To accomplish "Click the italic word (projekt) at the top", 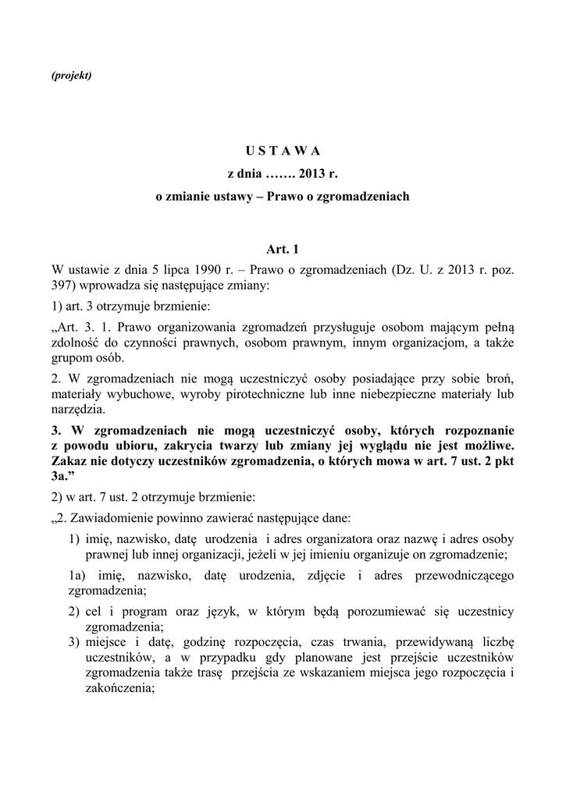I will click(70, 75).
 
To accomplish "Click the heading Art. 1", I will click(283, 250).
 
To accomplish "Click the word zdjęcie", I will click(328, 575).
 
